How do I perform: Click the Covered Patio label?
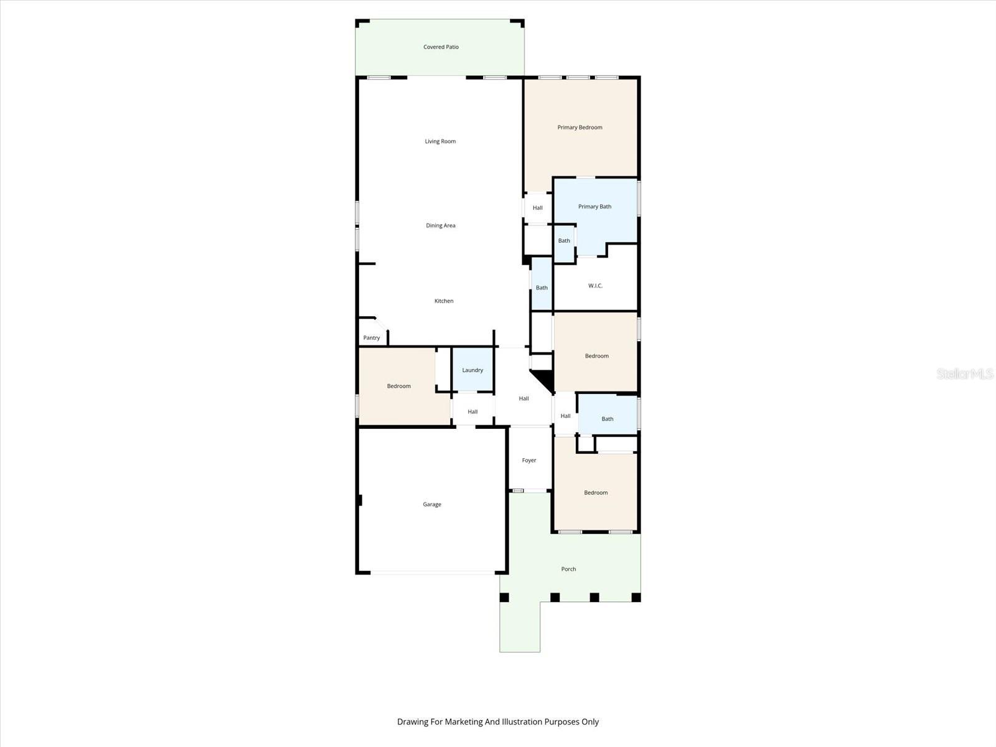point(441,47)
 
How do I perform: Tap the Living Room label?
point(440,141)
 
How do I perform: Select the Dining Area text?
point(440,225)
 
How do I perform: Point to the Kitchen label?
point(444,301)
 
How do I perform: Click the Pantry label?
point(372,338)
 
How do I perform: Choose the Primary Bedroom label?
point(580,128)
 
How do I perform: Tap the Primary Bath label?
point(594,207)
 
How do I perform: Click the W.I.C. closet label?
point(595,286)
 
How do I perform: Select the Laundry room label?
point(472,370)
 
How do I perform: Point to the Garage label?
point(432,504)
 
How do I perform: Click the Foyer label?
point(529,461)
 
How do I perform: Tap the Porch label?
point(568,569)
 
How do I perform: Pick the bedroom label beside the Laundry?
point(398,386)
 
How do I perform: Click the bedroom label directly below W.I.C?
point(596,356)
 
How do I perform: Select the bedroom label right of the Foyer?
point(596,492)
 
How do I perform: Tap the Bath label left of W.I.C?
point(542,288)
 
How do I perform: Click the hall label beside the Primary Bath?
point(537,208)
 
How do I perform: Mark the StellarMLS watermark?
point(965,374)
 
